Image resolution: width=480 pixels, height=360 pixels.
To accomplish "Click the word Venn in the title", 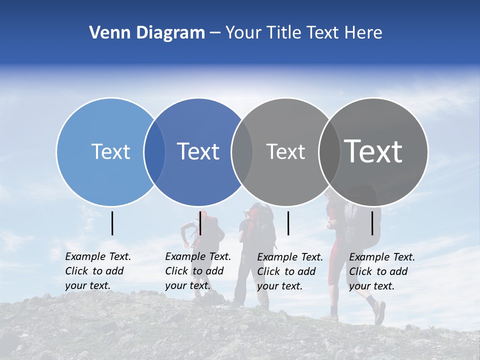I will click(107, 33).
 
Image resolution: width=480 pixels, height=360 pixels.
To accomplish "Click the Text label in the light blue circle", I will click(110, 151).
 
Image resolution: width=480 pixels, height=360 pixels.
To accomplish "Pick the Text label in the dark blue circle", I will click(198, 151).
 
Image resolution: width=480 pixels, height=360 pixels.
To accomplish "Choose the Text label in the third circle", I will click(285, 151).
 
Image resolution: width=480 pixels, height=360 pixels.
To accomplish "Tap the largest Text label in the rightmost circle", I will click(373, 151).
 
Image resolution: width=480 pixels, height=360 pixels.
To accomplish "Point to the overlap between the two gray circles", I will click(329, 152).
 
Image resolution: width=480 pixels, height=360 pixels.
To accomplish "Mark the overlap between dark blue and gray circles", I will click(242, 152).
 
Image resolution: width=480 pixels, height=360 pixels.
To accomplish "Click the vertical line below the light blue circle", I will click(112, 223).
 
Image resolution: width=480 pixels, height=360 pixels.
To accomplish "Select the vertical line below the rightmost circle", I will click(372, 223).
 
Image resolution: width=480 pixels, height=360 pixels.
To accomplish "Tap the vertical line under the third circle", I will click(288, 223).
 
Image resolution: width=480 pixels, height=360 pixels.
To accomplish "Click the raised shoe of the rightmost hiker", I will click(379, 312).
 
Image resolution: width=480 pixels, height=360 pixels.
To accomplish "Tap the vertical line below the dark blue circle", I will click(200, 223).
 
